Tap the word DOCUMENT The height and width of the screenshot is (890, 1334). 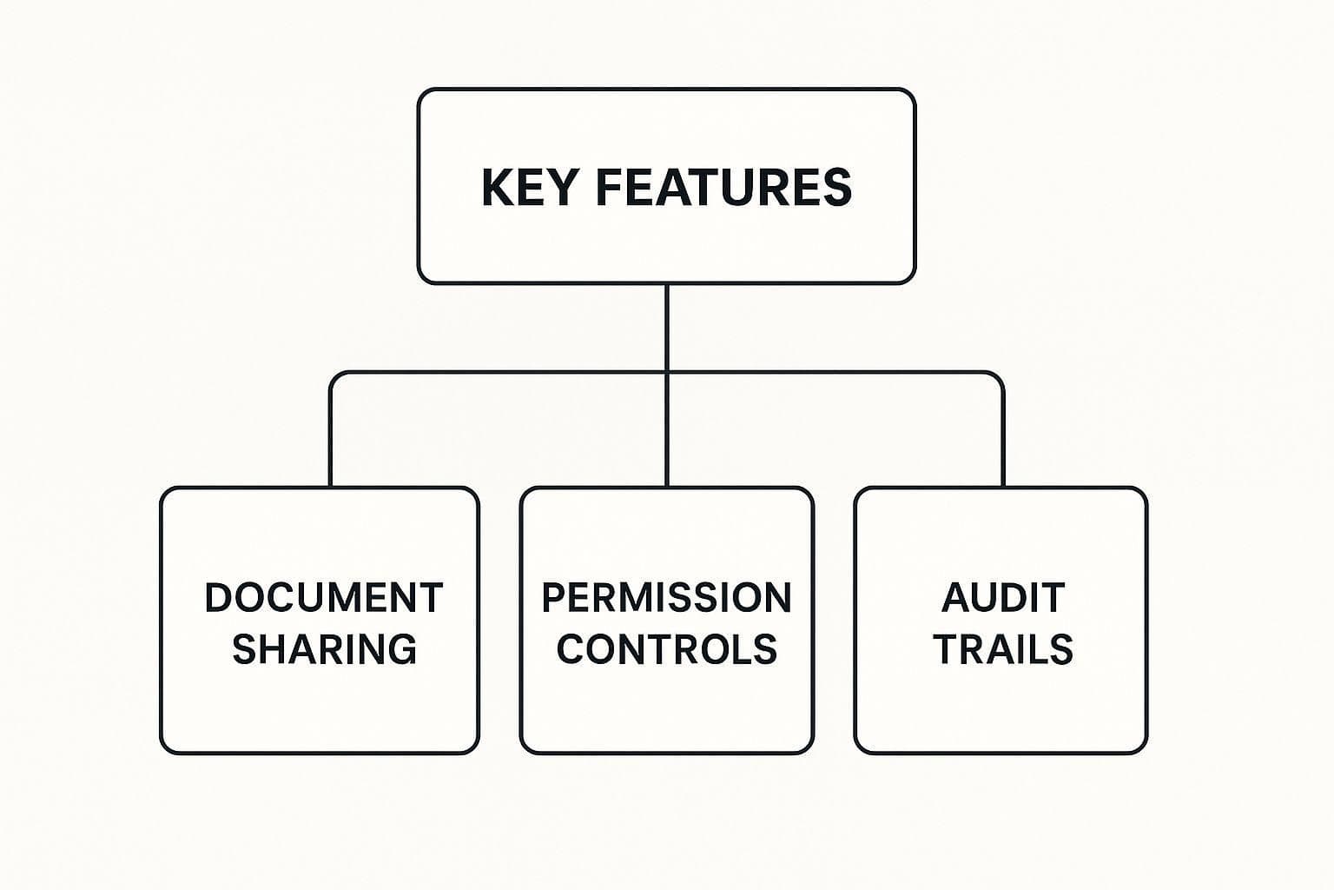click(x=324, y=598)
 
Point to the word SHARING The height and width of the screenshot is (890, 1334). click(x=324, y=649)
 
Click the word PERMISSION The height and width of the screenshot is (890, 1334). click(x=666, y=598)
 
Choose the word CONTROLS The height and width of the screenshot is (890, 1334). click(x=666, y=649)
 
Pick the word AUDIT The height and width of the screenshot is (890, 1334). click(x=1003, y=598)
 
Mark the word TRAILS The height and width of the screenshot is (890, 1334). click(x=1003, y=649)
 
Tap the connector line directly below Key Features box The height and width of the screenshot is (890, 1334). click(x=667, y=326)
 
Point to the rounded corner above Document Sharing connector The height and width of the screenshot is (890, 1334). click(x=335, y=377)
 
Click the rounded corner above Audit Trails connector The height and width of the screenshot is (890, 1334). click(x=999, y=377)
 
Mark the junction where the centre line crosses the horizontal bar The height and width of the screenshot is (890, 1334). click(x=667, y=373)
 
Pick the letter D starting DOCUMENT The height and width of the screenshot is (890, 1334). click(x=219, y=598)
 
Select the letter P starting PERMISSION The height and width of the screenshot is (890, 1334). click(x=555, y=598)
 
